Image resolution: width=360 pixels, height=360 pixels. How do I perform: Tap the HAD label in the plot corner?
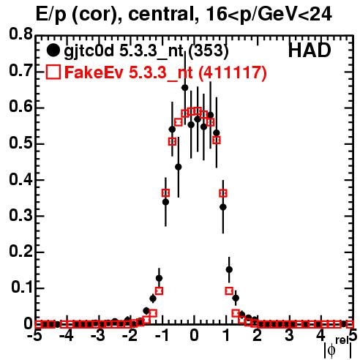coord(310,50)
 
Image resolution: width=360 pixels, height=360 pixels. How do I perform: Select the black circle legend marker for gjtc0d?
coord(53,50)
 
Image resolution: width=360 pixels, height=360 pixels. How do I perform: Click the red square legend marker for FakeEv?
coord(53,72)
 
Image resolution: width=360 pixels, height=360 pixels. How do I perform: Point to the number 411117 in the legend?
coord(232,72)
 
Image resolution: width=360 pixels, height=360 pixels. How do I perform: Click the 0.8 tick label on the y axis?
coord(20,34)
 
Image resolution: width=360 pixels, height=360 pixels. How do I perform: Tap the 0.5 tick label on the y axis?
coord(20,143)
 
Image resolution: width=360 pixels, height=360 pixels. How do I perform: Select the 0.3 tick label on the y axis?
coord(20,216)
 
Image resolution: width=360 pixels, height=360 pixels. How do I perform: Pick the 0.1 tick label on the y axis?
coord(22,288)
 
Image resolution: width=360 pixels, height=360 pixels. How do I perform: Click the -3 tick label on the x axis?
coord(99,336)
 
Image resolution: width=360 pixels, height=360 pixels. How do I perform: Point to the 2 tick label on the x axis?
coord(258,336)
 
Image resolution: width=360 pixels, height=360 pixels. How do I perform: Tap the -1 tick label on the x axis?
coord(162,336)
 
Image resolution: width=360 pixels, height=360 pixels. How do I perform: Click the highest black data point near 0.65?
coord(185,88)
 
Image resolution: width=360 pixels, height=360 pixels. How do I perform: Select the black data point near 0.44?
coord(179,167)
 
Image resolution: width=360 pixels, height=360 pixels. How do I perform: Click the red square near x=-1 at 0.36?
coord(165,193)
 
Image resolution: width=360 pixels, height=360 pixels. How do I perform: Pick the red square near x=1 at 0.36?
coord(223,193)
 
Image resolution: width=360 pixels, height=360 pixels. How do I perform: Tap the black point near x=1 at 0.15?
coord(229,269)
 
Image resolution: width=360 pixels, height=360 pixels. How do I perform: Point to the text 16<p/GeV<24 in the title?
coord(269,15)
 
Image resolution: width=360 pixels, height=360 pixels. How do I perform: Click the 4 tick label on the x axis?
coord(321,336)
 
